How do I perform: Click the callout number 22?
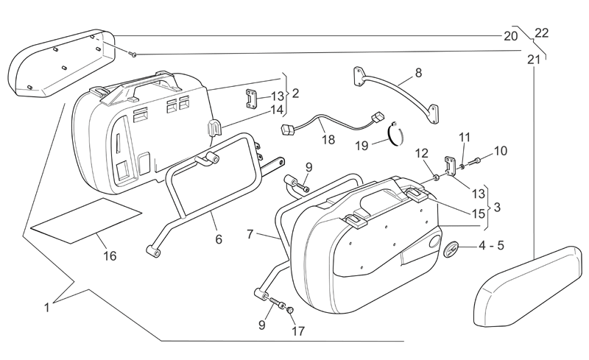pyautogui.click(x=541, y=33)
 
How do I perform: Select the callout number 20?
pyautogui.click(x=510, y=36)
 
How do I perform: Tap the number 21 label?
pyautogui.click(x=533, y=60)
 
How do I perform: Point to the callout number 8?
pyautogui.click(x=418, y=72)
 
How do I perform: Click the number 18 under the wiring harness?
pyautogui.click(x=328, y=139)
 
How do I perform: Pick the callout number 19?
pyautogui.click(x=361, y=146)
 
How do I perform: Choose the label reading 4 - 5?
pyautogui.click(x=491, y=245)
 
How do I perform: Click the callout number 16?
pyautogui.click(x=110, y=256)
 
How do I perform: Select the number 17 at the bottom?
pyautogui.click(x=298, y=331)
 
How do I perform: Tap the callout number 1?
pyautogui.click(x=47, y=308)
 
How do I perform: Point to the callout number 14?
pyautogui.click(x=278, y=110)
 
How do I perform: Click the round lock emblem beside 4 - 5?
pyautogui.click(x=450, y=250)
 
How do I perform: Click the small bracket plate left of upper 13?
pyautogui.click(x=251, y=99)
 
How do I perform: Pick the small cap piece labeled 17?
pyautogui.click(x=289, y=310)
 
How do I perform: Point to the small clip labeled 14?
pyautogui.click(x=214, y=129)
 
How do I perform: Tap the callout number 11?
pyautogui.click(x=465, y=137)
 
